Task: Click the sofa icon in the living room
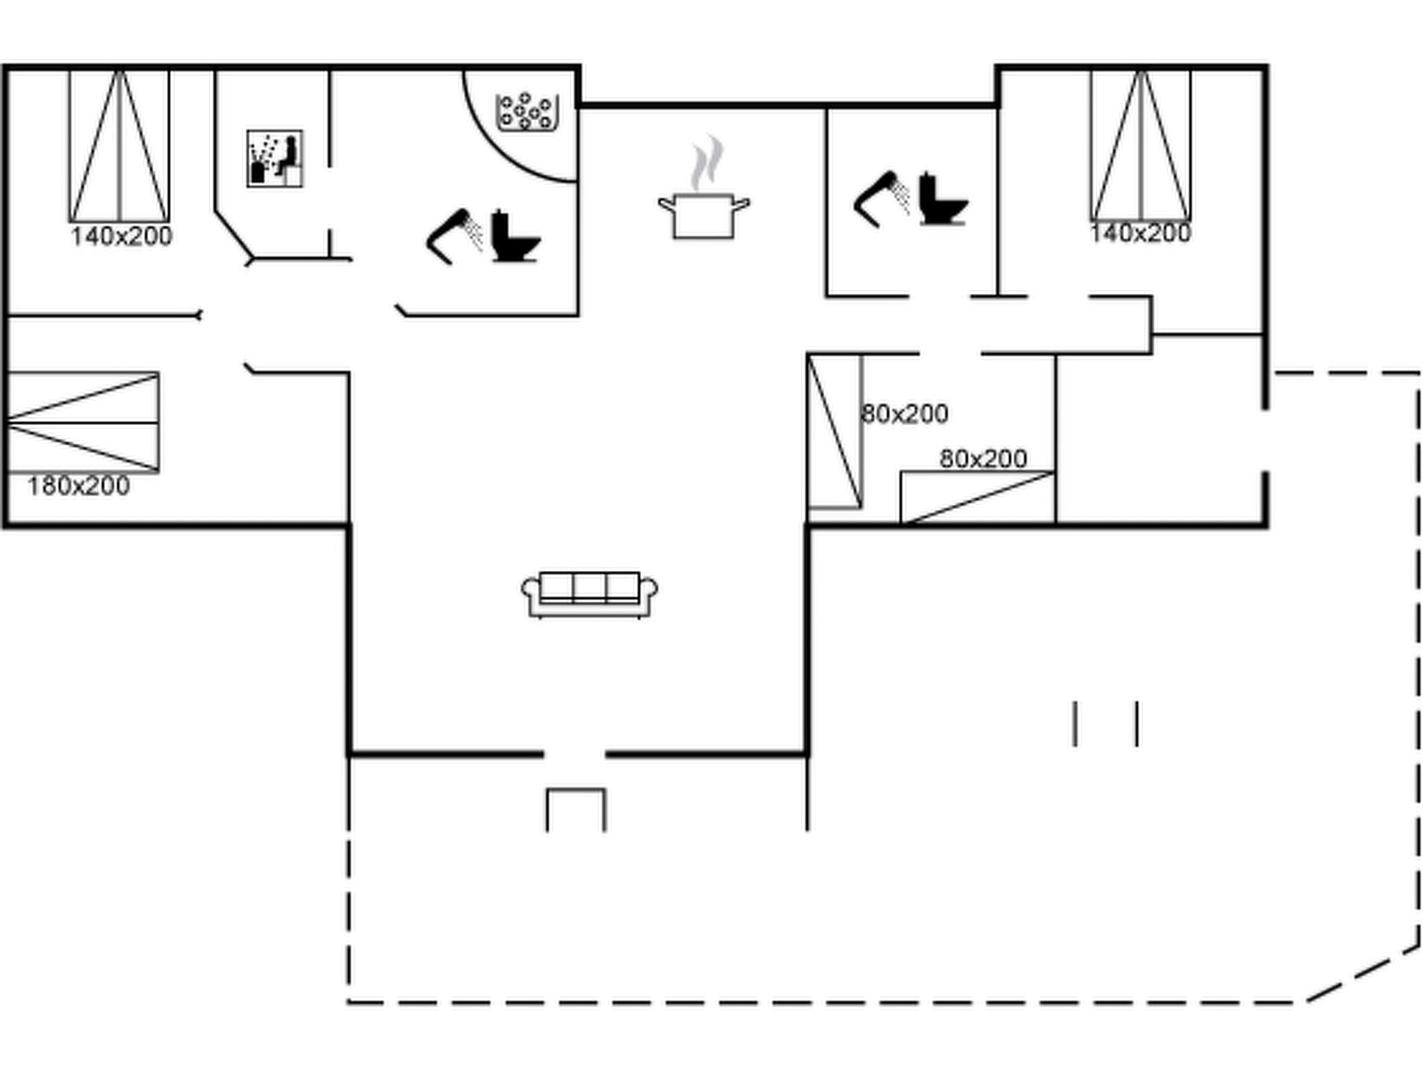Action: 589,594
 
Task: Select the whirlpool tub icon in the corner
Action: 527,112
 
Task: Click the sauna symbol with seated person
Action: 274,158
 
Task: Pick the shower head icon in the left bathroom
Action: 454,236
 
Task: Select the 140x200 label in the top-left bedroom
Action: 121,237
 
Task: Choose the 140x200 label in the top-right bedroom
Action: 1140,233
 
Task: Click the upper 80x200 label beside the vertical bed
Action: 904,414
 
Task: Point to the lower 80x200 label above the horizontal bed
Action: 982,459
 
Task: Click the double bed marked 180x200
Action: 82,422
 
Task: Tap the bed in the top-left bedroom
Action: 119,146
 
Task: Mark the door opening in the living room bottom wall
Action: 575,754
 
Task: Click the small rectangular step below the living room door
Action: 575,809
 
